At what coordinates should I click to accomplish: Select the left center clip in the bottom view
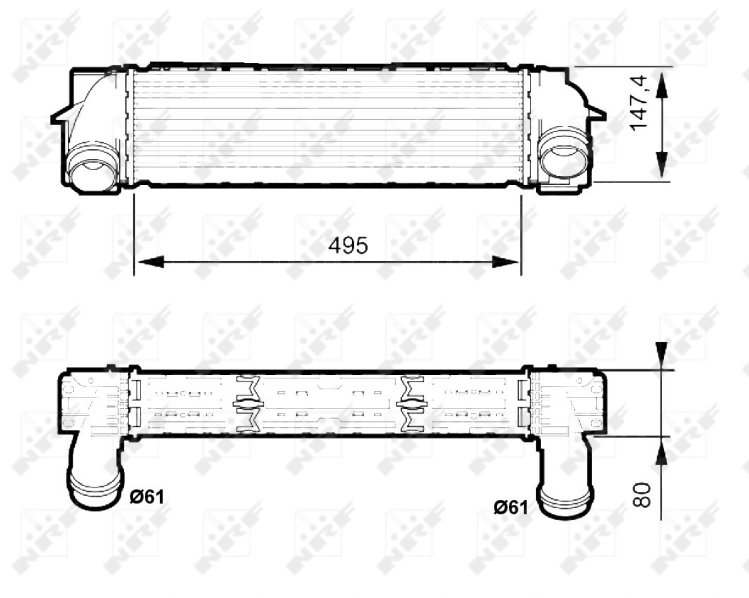[x=246, y=403]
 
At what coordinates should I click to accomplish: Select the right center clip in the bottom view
[x=412, y=403]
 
